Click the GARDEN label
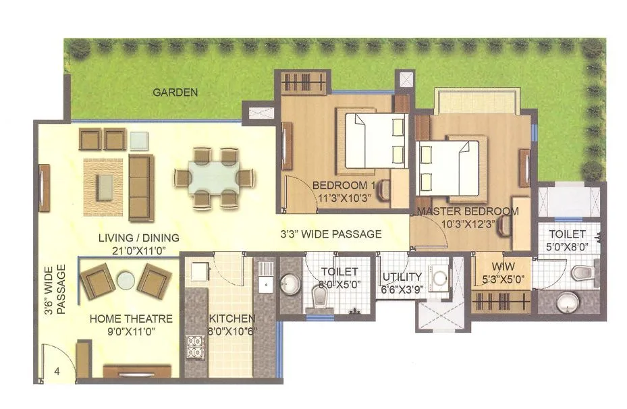[175, 92]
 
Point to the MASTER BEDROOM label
[468, 211]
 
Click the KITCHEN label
[232, 319]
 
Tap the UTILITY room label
[402, 277]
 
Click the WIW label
[503, 266]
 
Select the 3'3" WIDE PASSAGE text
[331, 235]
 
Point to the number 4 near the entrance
[57, 371]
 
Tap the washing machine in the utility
[441, 277]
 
